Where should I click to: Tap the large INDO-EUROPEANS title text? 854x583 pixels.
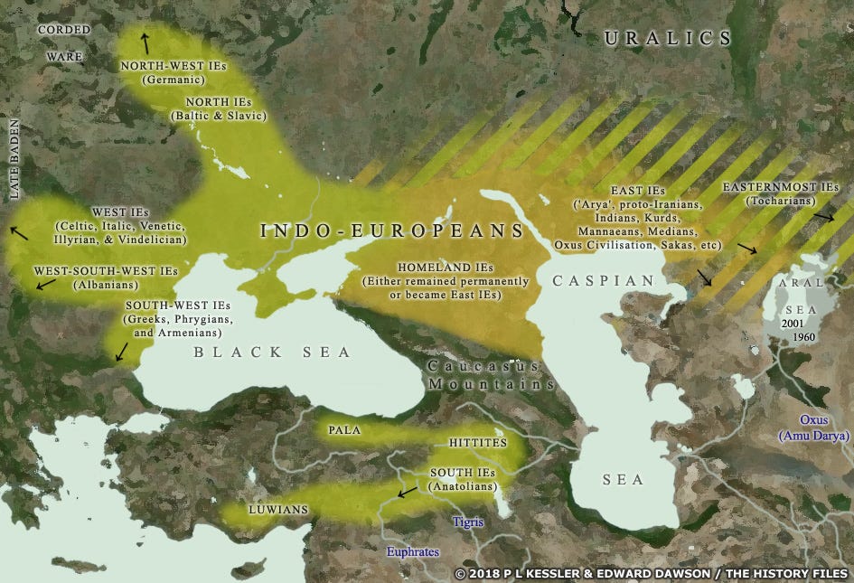(x=392, y=230)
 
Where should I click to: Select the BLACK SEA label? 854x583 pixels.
(x=271, y=353)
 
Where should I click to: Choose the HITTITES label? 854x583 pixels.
(x=477, y=444)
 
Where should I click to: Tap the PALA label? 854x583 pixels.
(x=344, y=430)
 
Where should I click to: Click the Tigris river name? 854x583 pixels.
(x=469, y=523)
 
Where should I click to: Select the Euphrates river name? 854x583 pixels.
(x=412, y=551)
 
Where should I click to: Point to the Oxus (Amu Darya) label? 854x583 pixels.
(x=814, y=428)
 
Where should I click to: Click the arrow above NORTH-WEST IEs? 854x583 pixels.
(x=145, y=41)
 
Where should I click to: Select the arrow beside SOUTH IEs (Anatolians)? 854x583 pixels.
(x=408, y=492)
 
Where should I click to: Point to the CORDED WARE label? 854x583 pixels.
(x=64, y=43)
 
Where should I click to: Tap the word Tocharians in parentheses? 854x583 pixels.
(x=779, y=201)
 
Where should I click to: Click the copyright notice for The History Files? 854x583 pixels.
(x=650, y=574)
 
